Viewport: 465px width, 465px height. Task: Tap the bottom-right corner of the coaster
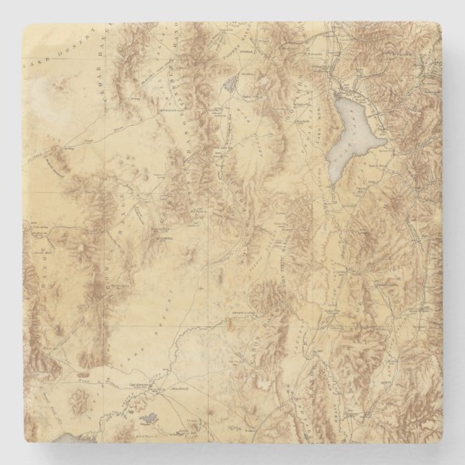440,440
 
